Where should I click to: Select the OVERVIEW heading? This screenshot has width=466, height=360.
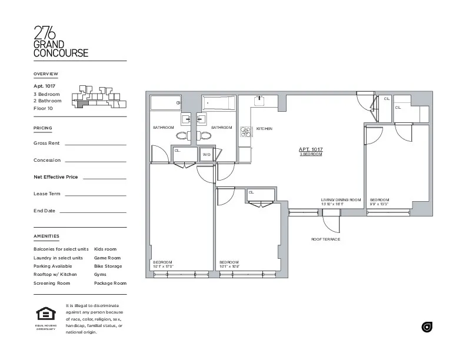[46, 74]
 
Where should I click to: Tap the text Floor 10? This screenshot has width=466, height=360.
[44, 108]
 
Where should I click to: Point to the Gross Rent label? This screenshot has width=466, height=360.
[46, 143]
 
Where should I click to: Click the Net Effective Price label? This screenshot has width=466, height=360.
[56, 176]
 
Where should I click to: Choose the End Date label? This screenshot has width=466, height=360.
[45, 211]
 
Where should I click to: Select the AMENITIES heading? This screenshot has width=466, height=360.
[46, 236]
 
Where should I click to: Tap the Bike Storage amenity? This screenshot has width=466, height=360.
[108, 266]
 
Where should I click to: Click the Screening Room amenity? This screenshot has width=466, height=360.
[52, 283]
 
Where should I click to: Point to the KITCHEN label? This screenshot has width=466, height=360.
[264, 128]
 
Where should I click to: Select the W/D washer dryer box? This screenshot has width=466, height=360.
[207, 154]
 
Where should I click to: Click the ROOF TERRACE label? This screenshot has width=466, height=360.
[325, 239]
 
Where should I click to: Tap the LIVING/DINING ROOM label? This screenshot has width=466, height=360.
[341, 200]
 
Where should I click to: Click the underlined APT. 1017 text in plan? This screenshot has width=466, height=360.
[311, 149]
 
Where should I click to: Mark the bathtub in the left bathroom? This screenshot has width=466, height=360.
[167, 104]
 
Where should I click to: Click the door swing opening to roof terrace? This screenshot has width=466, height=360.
[331, 222]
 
